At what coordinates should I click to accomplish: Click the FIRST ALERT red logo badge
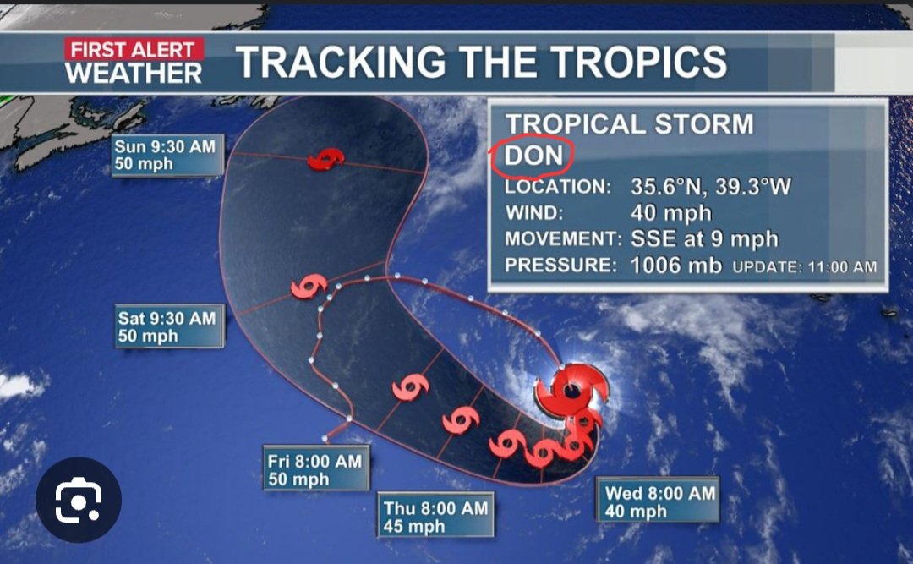133,50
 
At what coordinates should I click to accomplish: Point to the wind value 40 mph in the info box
671,213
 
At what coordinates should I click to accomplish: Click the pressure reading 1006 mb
676,266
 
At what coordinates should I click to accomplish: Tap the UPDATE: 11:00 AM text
805,267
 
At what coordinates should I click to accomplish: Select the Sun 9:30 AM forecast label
166,155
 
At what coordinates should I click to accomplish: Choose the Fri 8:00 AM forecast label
315,470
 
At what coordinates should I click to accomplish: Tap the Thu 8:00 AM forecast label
435,517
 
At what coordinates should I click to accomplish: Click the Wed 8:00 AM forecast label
660,501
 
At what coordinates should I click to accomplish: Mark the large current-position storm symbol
571,391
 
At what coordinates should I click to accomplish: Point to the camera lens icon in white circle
78,500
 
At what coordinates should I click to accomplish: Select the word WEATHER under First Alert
134,74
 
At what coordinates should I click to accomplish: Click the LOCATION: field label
557,187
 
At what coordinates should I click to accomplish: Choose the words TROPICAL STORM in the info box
629,124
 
